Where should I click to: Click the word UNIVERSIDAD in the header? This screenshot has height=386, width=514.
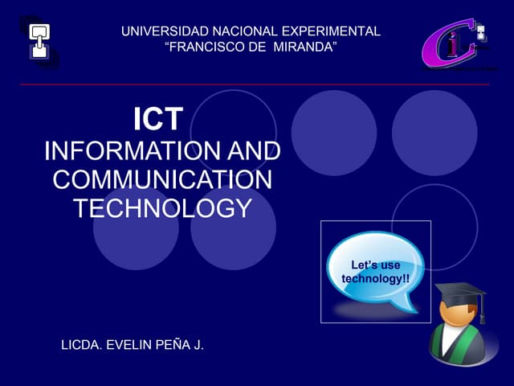click(x=157, y=31)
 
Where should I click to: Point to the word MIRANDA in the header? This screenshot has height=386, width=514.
click(x=304, y=47)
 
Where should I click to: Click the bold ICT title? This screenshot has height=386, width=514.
click(x=158, y=120)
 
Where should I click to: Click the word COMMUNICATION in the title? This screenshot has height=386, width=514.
click(x=162, y=179)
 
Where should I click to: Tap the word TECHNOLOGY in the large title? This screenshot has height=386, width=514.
click(x=162, y=208)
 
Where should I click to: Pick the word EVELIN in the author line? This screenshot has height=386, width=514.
click(x=131, y=345)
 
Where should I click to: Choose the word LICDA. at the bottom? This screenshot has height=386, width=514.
click(x=84, y=345)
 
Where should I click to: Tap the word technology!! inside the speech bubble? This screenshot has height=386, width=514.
click(x=375, y=278)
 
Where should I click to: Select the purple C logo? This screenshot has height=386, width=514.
click(x=444, y=44)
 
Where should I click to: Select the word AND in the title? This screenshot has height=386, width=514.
click(x=254, y=151)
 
